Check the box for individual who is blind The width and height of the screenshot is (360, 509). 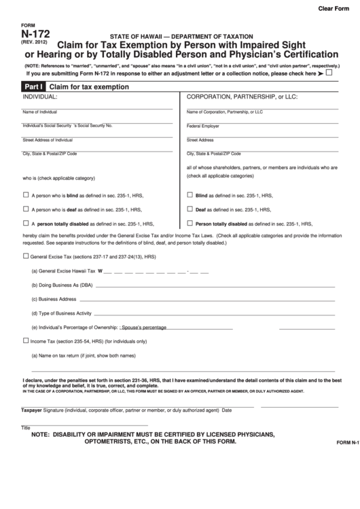(x=26, y=194)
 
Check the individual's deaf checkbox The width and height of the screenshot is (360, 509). (x=26, y=209)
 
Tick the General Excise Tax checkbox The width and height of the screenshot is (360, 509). (x=26, y=257)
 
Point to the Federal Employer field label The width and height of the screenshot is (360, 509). (x=203, y=126)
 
